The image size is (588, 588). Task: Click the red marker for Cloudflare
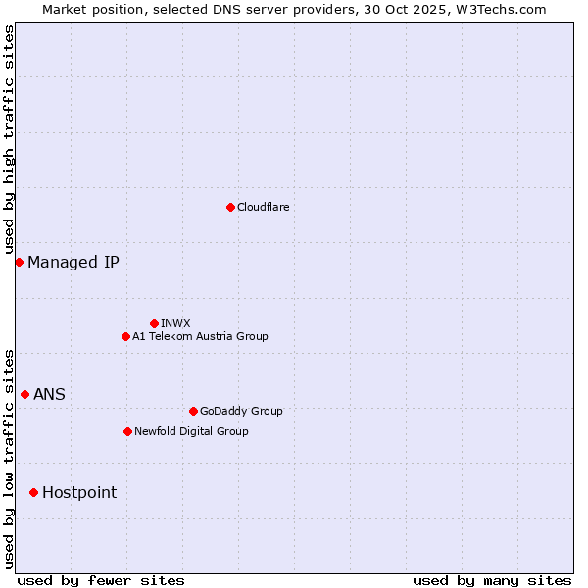230,207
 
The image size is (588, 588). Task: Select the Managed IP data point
19,262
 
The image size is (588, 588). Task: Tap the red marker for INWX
154,323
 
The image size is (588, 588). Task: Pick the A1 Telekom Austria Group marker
125,336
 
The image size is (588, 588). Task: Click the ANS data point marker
24,394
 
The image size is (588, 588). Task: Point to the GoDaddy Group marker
193,411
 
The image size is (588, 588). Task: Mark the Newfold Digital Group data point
127,431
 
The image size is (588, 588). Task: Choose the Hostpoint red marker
33,492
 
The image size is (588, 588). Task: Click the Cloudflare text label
264,207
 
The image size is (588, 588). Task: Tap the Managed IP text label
73,262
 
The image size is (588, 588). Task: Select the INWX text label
176,323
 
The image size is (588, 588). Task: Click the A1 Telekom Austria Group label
200,336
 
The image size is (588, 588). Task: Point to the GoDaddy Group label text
241,411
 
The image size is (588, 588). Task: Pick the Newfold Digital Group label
191,431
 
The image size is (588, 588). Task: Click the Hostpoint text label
79,492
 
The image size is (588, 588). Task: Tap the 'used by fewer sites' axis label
101,580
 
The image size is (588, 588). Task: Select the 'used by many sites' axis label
492,580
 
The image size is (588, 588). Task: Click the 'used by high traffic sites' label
10,140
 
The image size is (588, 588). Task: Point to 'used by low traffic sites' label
10,458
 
